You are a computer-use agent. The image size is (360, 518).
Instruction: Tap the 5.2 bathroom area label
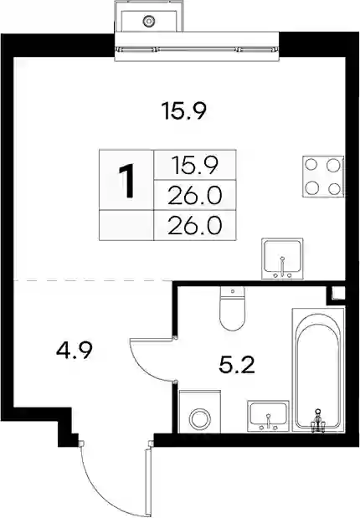[x=237, y=365]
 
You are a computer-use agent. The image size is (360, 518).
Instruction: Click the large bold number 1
[x=126, y=182]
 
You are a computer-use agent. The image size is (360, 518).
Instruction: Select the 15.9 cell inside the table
[x=195, y=165]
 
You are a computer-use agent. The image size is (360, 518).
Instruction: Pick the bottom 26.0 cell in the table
[x=195, y=225]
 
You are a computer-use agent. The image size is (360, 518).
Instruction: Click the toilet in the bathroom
[x=233, y=309]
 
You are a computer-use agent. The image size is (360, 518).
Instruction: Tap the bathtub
[x=318, y=370]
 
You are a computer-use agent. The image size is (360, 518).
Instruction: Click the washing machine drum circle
[x=200, y=418]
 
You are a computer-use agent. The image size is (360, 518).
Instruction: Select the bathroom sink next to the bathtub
[x=268, y=416]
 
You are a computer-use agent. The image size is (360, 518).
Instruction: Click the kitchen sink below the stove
[x=282, y=259]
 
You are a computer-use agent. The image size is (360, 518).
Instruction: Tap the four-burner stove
[x=323, y=177]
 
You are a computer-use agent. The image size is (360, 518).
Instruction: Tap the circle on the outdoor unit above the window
[x=149, y=22]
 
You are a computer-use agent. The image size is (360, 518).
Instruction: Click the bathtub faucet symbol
[x=317, y=420]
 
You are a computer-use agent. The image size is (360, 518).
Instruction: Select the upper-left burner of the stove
[x=311, y=165]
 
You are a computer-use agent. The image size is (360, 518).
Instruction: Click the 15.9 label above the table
[x=184, y=111]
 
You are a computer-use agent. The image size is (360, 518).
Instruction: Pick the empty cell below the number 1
[x=126, y=225]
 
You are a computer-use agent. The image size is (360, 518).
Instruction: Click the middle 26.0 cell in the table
[x=195, y=195]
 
